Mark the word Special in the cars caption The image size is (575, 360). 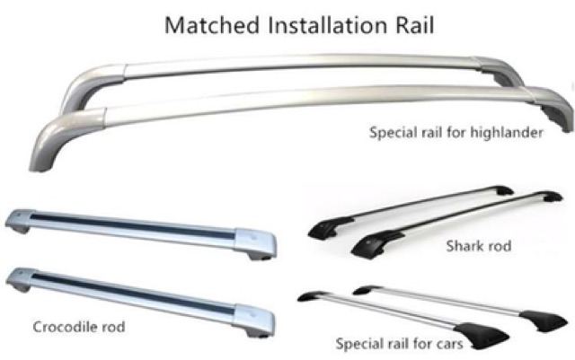click(358, 343)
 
